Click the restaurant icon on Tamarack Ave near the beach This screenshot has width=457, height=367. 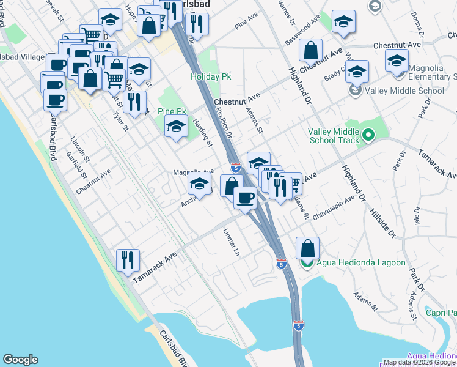pyautogui.click(x=128, y=259)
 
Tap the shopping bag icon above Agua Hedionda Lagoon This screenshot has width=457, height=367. pyautogui.click(x=307, y=248)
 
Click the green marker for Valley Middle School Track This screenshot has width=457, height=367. pyautogui.click(x=368, y=135)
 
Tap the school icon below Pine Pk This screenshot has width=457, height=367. pyautogui.click(x=176, y=127)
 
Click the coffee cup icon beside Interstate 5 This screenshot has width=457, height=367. pyautogui.click(x=245, y=198)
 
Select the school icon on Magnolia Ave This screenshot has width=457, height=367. pyautogui.click(x=200, y=182)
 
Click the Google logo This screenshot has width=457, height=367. pyautogui.click(x=20, y=360)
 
